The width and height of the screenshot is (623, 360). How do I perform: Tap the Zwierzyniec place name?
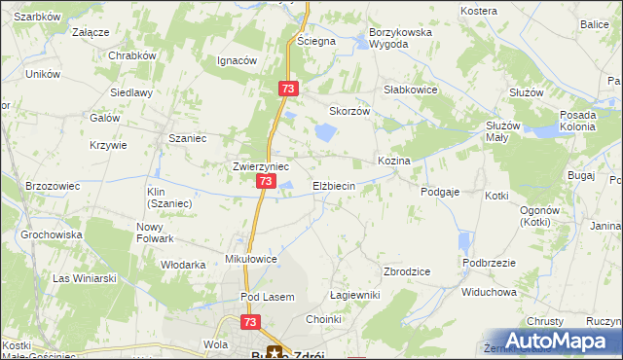[260, 166]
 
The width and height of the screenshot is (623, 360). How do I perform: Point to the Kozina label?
[393, 161]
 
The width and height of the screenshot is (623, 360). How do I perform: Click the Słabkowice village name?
[411, 90]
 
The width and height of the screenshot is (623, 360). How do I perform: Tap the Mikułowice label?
[252, 260]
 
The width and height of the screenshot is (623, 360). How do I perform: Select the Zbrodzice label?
[408, 271]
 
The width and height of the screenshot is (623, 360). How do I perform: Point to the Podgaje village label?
[440, 193]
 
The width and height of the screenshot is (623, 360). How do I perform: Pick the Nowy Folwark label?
[155, 233]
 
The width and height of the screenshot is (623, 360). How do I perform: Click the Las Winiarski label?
[85, 278]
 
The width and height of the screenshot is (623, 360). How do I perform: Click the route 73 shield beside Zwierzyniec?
[266, 182]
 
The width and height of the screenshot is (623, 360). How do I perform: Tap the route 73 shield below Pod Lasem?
[251, 321]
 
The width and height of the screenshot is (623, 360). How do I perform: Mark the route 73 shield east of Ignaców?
[287, 89]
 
